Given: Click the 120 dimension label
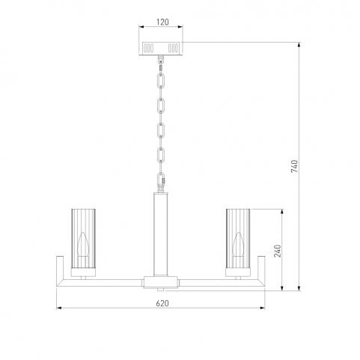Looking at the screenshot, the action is tap(162, 22).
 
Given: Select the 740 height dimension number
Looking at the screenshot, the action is tap(294, 166).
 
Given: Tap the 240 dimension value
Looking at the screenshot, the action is tap(278, 251).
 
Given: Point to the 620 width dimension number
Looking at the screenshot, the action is tap(162, 303).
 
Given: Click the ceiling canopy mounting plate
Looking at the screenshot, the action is tap(161, 48).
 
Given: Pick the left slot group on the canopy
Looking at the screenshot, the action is tap(148, 48).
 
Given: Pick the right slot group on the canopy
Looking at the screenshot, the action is tap(173, 48).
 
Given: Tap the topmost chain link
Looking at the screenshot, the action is tap(161, 81).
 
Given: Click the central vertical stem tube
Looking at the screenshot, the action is tap(161, 234).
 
